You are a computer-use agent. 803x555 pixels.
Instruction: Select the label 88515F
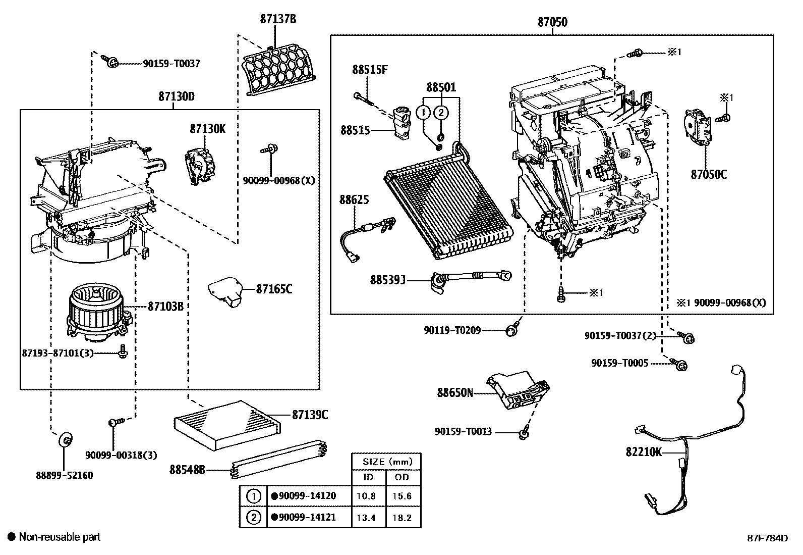point(370,70)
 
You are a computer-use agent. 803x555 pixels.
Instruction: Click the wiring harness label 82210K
point(643,452)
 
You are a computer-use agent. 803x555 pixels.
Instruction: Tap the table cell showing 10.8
point(366,496)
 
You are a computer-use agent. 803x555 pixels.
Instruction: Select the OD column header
point(403,477)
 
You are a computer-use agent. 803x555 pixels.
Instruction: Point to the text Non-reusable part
point(60,537)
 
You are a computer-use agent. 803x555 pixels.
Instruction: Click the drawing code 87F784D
point(768,538)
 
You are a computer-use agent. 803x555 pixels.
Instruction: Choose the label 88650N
point(454,392)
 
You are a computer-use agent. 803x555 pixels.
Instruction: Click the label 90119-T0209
point(452,330)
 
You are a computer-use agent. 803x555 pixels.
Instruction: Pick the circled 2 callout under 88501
point(441,113)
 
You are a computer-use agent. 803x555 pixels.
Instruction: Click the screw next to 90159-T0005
point(681,365)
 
